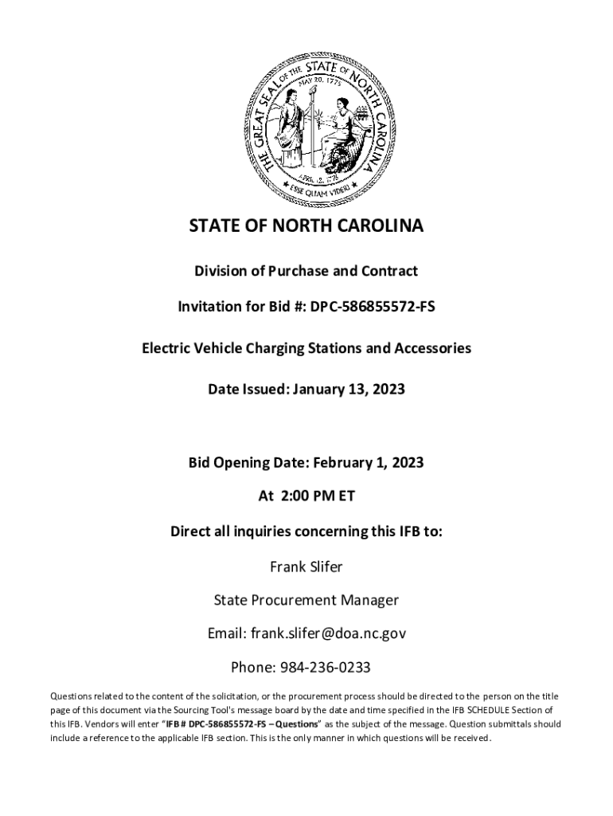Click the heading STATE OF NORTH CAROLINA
(x=306, y=227)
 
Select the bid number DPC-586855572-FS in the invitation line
(x=376, y=306)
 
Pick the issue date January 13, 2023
(x=349, y=390)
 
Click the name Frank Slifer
(x=306, y=567)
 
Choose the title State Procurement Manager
(x=306, y=600)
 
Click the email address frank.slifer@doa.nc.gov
(x=329, y=634)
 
